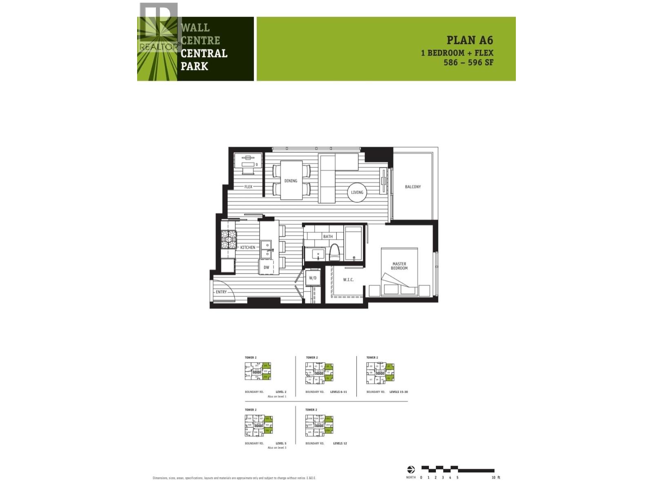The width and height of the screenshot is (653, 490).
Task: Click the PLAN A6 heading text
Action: [470, 40]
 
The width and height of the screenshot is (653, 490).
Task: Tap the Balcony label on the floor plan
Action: [413, 187]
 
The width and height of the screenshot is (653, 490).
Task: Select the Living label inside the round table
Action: [357, 192]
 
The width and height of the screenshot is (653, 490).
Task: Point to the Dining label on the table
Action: [291, 180]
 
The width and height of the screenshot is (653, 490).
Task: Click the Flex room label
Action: [248, 187]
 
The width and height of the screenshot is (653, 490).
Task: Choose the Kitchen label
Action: [247, 247]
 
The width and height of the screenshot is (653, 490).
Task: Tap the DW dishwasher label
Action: [266, 267]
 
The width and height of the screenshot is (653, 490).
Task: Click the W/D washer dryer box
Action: [313, 278]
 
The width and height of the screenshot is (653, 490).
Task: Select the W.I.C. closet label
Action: [348, 280]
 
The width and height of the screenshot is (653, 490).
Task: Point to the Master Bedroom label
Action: [399, 266]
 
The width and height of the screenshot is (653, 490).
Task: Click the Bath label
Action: [328, 236]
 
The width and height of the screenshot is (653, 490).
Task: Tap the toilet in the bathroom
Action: [334, 252]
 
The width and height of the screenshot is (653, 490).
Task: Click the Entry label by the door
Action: [221, 292]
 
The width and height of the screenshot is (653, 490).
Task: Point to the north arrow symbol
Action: [411, 470]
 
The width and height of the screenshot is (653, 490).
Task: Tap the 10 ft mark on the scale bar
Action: [496, 477]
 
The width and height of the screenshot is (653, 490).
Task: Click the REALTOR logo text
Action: [160, 47]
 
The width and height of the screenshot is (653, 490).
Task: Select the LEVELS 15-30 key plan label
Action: [398, 392]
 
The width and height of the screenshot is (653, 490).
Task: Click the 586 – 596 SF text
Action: [469, 62]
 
